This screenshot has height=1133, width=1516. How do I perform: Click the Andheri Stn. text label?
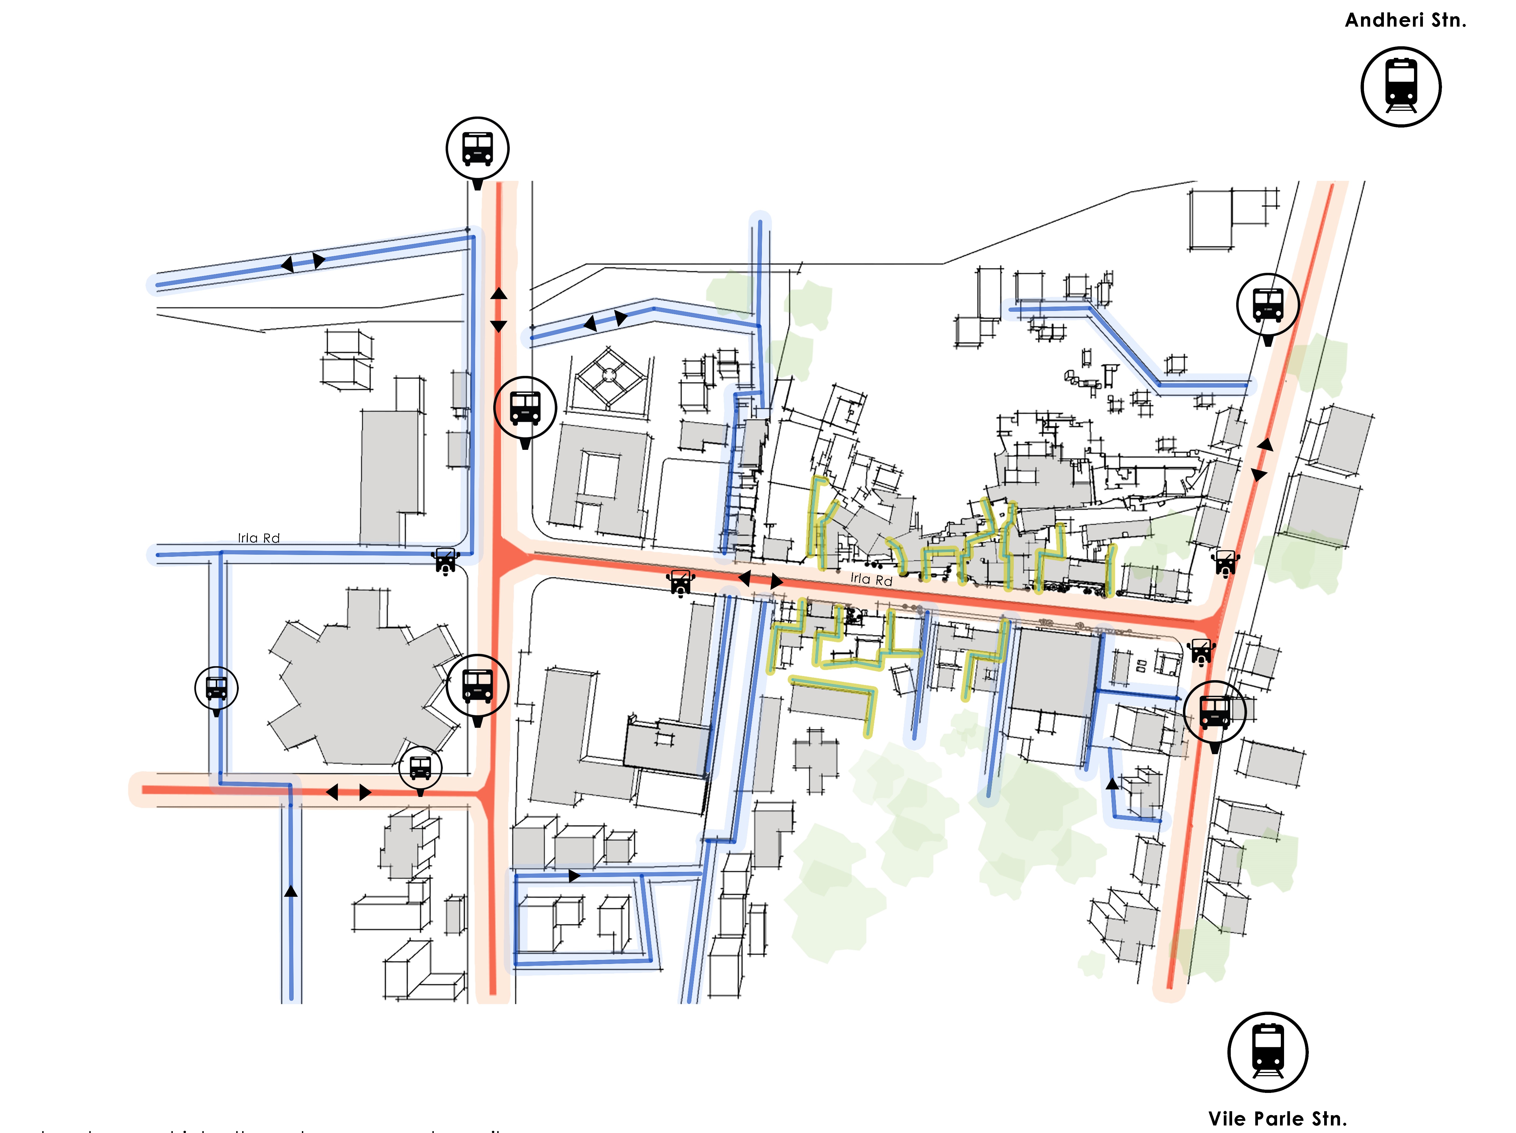tap(1405, 20)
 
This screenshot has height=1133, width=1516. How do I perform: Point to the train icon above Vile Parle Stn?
tap(1267, 1051)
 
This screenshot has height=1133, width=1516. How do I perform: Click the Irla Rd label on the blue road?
tap(258, 538)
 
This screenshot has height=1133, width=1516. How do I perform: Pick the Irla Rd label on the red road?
tap(871, 579)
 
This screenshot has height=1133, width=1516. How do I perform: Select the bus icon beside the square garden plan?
tap(525, 408)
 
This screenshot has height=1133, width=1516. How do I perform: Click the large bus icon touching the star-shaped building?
tap(478, 686)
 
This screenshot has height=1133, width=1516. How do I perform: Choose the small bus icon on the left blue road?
tap(217, 688)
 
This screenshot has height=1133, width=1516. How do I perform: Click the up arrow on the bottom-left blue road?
tap(291, 891)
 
